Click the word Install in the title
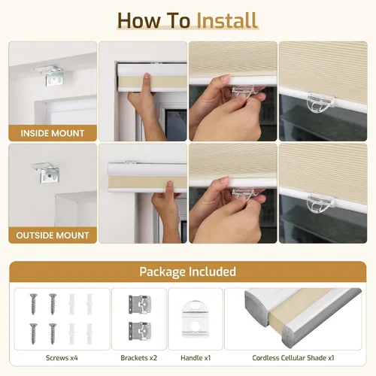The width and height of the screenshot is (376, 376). (227, 20)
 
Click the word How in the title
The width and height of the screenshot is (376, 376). (138, 20)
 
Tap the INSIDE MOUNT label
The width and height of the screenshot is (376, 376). (53, 133)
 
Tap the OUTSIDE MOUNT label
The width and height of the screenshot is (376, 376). (53, 235)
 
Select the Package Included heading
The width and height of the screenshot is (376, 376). (188, 271)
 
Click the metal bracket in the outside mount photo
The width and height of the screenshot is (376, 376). (47, 171)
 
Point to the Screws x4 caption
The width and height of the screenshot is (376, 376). (62, 358)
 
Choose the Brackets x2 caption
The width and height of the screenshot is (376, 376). (139, 358)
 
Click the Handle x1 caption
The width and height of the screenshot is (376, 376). (196, 358)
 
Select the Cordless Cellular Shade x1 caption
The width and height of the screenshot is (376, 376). (293, 358)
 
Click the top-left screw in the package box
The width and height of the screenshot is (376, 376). (33, 304)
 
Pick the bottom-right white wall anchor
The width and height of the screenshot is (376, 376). (89, 333)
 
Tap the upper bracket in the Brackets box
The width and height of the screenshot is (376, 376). (140, 305)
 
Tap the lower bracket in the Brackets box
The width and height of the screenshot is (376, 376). (140, 331)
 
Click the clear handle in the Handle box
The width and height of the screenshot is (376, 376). (195, 319)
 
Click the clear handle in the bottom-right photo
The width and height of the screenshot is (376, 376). (320, 202)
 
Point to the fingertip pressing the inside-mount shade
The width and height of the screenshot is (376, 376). (147, 76)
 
